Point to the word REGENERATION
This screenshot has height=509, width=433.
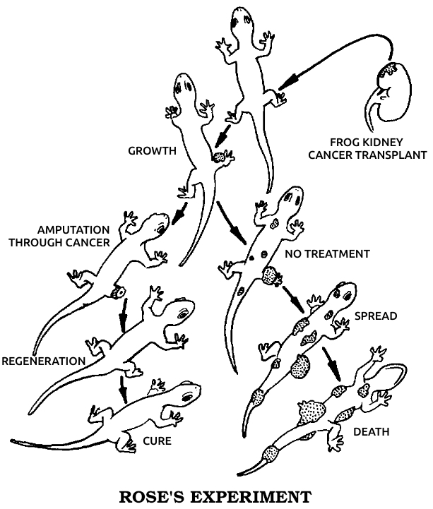[43, 361]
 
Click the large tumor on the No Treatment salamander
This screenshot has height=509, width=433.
[270, 275]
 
